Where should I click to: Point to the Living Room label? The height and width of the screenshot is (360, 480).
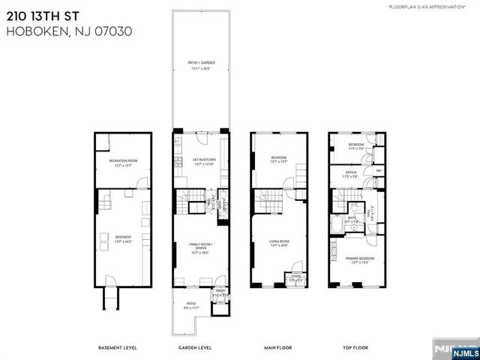click(280, 242)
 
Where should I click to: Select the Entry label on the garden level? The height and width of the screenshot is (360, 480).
click(220, 292)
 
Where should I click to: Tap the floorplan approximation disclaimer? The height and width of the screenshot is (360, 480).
click(431, 7)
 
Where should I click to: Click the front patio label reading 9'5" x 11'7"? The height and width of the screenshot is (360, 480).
click(190, 306)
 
